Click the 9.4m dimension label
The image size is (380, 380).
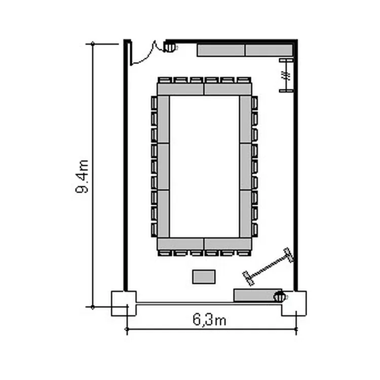(82, 176)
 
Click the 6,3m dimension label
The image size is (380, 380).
(209, 319)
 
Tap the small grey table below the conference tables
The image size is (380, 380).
(204, 277)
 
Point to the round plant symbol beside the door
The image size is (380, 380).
(170, 47)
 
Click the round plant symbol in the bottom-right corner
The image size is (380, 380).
(280, 296)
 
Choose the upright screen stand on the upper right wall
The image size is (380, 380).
(286, 75)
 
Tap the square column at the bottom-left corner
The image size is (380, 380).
(124, 303)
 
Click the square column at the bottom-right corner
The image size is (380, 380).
(294, 303)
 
